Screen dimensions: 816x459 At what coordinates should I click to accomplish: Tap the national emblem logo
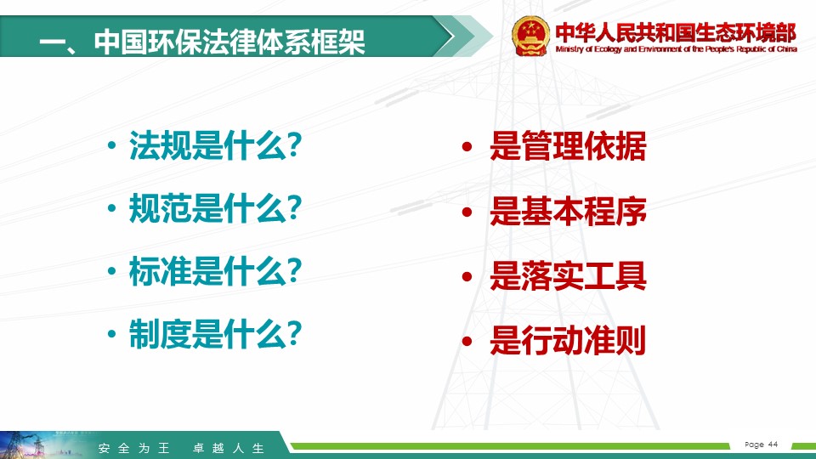(x=530, y=36)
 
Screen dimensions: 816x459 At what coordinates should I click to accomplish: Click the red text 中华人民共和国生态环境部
(x=676, y=32)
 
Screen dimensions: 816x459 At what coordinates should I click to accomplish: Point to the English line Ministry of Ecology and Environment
(x=676, y=49)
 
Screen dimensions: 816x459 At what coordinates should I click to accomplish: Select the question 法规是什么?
(x=215, y=145)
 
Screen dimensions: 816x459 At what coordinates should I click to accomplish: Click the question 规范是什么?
(x=215, y=208)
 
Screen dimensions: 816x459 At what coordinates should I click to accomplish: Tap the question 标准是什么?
(x=215, y=271)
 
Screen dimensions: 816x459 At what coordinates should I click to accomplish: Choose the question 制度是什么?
(x=215, y=334)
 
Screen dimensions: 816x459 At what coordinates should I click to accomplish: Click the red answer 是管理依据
(x=568, y=145)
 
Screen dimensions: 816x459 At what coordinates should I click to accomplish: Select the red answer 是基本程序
(x=568, y=212)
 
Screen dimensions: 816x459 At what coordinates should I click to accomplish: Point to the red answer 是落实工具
(x=568, y=275)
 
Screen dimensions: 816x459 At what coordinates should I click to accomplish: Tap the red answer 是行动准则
(x=568, y=341)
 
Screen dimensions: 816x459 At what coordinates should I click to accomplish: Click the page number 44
(x=773, y=444)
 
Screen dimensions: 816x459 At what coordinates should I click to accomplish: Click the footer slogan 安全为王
(x=134, y=448)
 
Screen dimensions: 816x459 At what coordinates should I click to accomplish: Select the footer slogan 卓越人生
(x=229, y=448)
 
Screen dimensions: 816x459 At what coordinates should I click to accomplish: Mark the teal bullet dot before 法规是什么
(x=111, y=145)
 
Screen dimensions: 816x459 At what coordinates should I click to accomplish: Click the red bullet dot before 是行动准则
(x=467, y=342)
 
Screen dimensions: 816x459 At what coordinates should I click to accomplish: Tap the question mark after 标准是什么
(x=295, y=270)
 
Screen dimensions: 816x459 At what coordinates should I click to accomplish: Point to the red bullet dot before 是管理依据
(x=467, y=146)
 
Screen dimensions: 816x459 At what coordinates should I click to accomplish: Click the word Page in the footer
(x=755, y=445)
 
